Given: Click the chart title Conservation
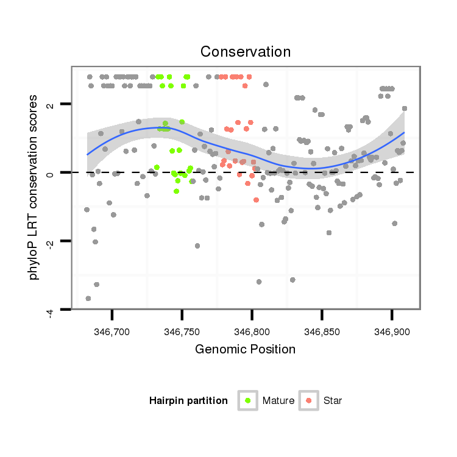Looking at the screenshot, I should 245,51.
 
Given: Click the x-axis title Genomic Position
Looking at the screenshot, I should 245,349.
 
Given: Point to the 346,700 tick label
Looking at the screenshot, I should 112,331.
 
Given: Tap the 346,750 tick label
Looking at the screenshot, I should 182,331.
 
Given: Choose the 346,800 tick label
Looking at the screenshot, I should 252,331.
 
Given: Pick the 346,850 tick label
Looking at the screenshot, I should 322,331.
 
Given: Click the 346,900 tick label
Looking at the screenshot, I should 391,331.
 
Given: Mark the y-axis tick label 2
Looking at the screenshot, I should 50,104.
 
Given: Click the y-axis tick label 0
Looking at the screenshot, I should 50,173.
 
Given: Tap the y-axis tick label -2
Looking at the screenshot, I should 50,243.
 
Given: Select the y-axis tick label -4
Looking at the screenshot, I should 50,311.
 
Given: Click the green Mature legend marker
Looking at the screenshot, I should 248,400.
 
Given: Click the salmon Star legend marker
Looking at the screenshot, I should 309,400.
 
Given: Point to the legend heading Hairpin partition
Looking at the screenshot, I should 188,401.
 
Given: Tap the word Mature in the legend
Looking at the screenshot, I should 278,401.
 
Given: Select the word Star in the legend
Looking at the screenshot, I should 333,401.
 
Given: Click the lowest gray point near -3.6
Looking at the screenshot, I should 88,298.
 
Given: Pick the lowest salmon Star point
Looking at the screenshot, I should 256,200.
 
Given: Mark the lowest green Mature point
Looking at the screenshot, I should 176,191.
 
